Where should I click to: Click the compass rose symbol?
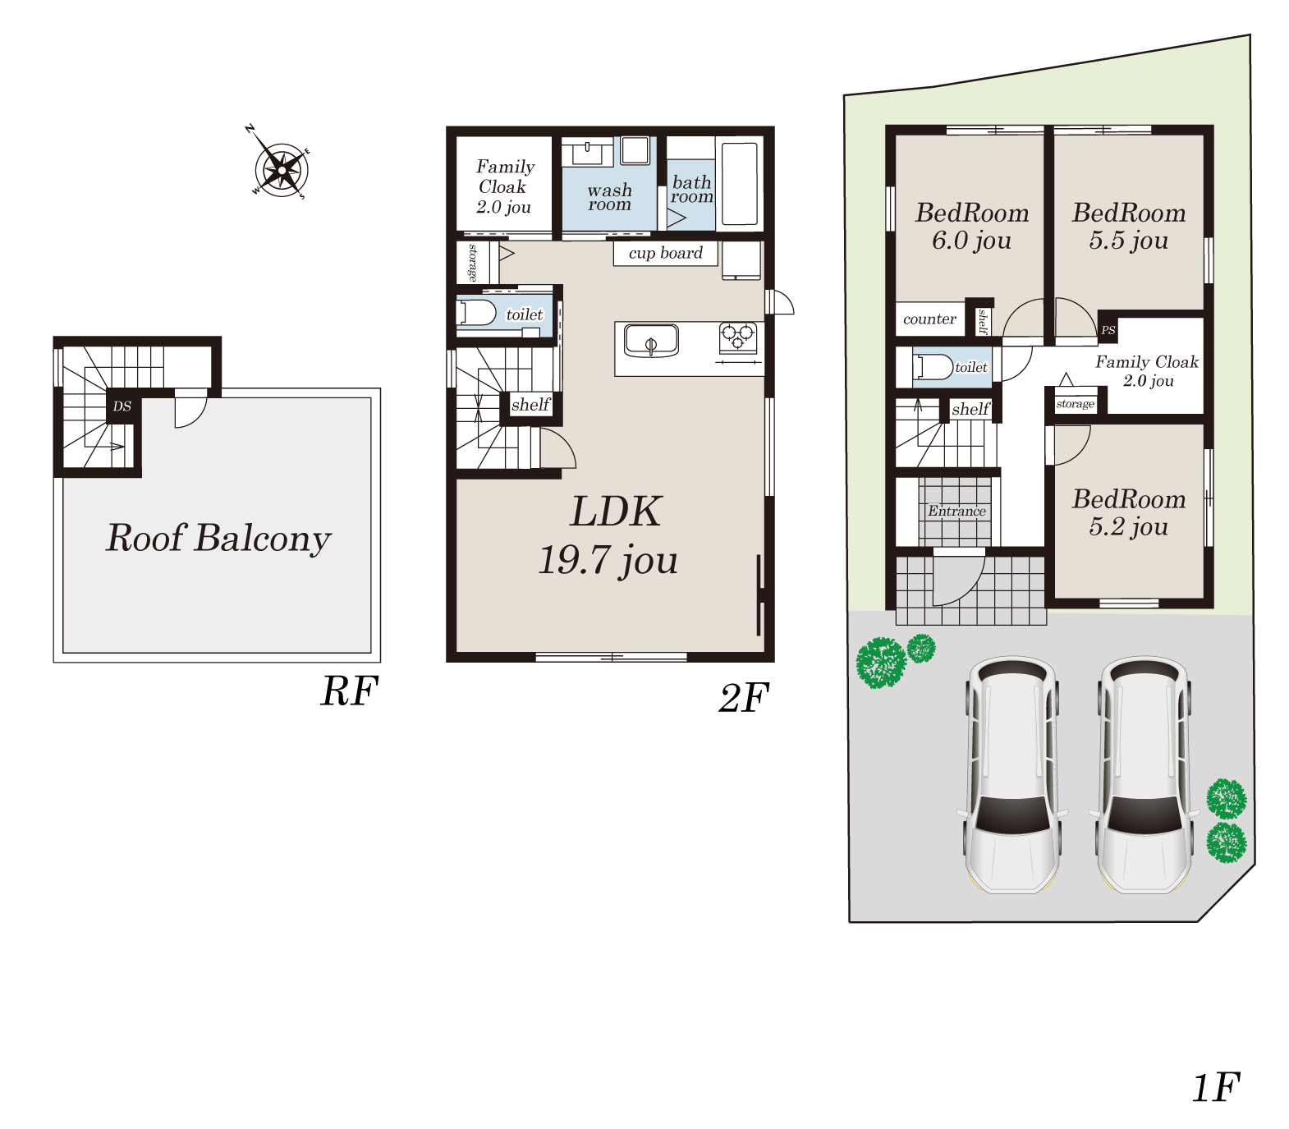281,169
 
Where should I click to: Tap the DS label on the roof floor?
122,406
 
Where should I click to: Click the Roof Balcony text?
218,539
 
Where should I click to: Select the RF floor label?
349,691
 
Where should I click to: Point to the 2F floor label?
744,698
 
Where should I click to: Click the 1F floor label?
1216,1087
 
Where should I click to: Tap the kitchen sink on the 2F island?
651,341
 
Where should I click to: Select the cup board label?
666,253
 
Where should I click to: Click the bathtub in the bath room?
739,184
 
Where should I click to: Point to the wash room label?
609,197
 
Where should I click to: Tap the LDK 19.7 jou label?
609,535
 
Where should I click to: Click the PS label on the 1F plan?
1108,330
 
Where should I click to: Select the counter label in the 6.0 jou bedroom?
929,319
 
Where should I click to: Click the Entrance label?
956,511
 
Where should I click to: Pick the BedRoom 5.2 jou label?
1129,512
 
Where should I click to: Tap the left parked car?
1012,774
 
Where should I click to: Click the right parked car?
1145,774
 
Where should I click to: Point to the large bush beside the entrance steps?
881,663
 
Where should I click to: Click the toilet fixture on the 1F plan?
933,367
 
